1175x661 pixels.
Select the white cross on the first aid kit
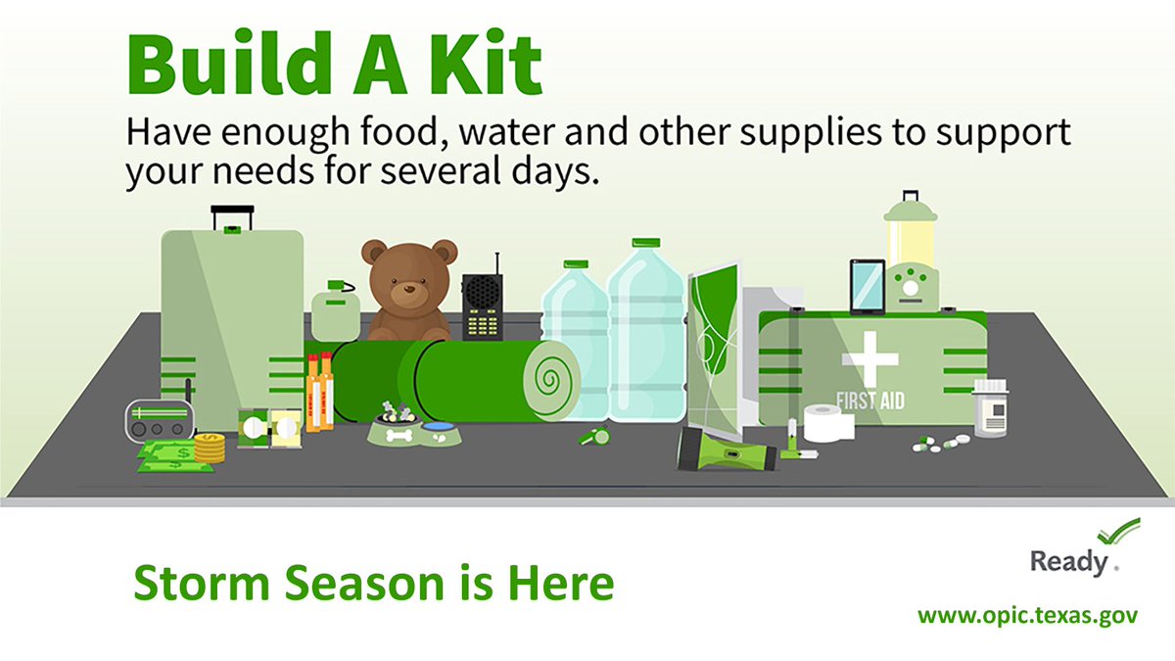(869, 356)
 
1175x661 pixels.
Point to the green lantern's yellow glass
(911, 240)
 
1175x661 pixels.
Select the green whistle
(594, 434)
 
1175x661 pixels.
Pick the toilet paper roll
(827, 424)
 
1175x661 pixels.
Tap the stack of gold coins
(209, 448)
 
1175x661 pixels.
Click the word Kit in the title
(484, 64)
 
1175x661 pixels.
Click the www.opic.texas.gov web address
(1027, 617)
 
